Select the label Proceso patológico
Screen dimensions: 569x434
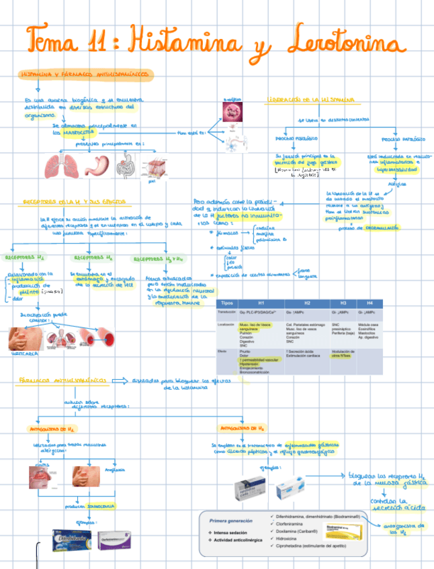tap(403, 140)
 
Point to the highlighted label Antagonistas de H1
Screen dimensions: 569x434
tap(52, 427)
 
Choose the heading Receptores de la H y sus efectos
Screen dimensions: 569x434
tap(77, 201)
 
